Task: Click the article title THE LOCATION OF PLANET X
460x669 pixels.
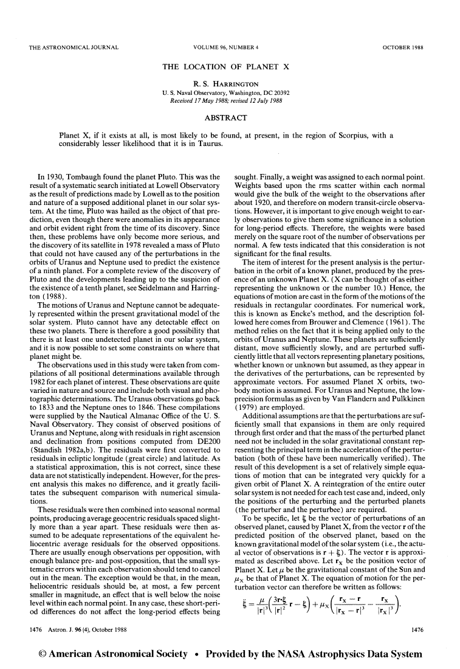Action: [230, 67]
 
